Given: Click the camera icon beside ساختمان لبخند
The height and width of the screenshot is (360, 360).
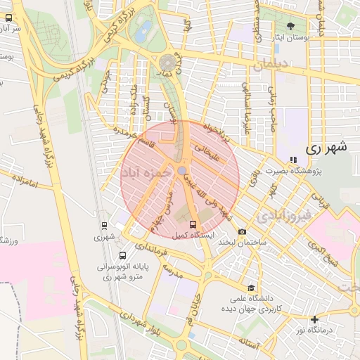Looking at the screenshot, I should [243, 231].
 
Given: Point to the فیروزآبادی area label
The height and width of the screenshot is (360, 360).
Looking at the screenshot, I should [282, 215].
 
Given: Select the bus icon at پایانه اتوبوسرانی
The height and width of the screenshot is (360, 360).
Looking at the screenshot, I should [123, 256].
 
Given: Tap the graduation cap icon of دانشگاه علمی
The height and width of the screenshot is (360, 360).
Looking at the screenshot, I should [251, 288].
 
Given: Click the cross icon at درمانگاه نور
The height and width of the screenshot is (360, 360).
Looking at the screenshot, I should [314, 319].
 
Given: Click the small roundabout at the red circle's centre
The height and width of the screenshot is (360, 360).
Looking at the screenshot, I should [182, 171].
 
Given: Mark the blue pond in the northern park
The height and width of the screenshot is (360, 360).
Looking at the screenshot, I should [145, 30].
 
